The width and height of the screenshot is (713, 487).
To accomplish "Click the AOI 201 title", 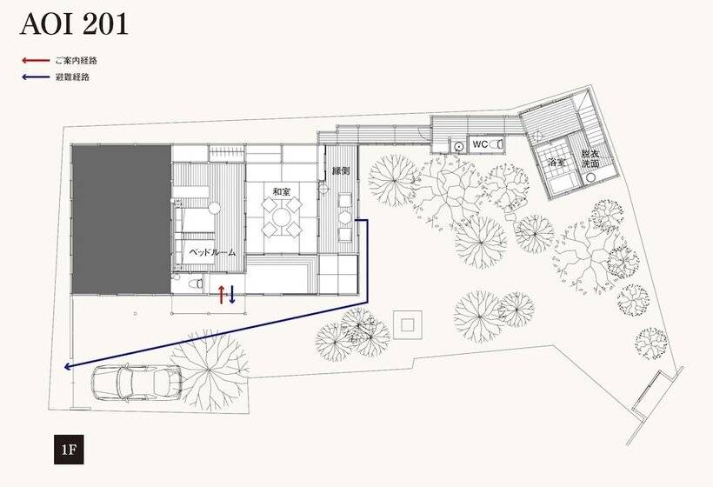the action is click(x=74, y=24).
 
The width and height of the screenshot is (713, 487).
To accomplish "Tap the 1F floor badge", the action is click(x=69, y=450).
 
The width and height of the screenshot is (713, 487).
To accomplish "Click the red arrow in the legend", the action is click(x=36, y=60).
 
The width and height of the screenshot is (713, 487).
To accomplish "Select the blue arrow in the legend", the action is click(x=36, y=77).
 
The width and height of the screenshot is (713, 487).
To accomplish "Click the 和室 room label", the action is click(x=282, y=192).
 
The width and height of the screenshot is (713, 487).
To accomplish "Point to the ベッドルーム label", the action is click(x=212, y=252).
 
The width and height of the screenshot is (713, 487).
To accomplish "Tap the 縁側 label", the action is click(x=341, y=171).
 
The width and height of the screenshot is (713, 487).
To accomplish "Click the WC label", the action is click(x=480, y=144).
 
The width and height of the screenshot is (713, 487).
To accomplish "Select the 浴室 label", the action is click(x=557, y=162).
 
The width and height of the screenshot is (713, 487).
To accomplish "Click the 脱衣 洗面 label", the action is click(x=590, y=158).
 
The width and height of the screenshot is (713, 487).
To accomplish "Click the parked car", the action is click(x=137, y=382).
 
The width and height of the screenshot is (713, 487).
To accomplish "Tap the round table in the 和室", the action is click(x=282, y=217).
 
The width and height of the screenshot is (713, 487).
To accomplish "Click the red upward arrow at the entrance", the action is click(x=221, y=294).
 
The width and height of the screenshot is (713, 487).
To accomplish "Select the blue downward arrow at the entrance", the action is click(x=232, y=294).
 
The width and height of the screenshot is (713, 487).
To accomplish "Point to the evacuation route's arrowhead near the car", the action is click(x=67, y=366).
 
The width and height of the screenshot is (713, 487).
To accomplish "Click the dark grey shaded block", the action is click(x=122, y=220).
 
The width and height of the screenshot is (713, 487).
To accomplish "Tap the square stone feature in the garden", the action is click(x=408, y=324).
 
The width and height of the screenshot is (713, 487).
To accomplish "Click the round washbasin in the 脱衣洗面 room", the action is click(x=591, y=178).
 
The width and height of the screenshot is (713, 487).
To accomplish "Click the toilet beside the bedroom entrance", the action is click(x=196, y=284).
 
